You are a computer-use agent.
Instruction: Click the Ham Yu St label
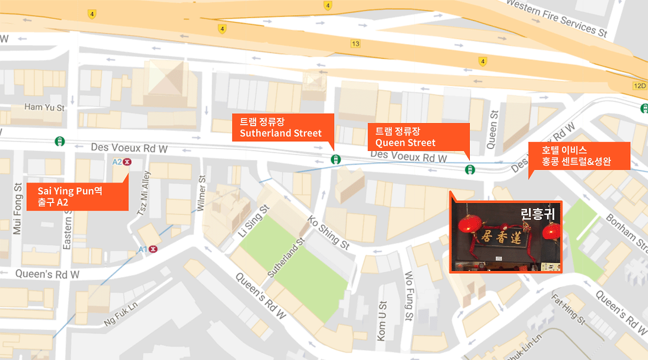[x=45, y=108]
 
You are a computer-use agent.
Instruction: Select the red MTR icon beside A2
[x=127, y=162]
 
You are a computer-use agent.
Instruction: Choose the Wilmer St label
[x=202, y=192]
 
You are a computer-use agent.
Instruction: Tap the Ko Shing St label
[x=328, y=233]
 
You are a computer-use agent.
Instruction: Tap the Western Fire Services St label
[x=556, y=18]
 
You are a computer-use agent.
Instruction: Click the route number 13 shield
[x=355, y=44]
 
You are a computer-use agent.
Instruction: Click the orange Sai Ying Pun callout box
[x=77, y=196]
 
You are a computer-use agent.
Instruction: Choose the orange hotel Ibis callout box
[x=579, y=156]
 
